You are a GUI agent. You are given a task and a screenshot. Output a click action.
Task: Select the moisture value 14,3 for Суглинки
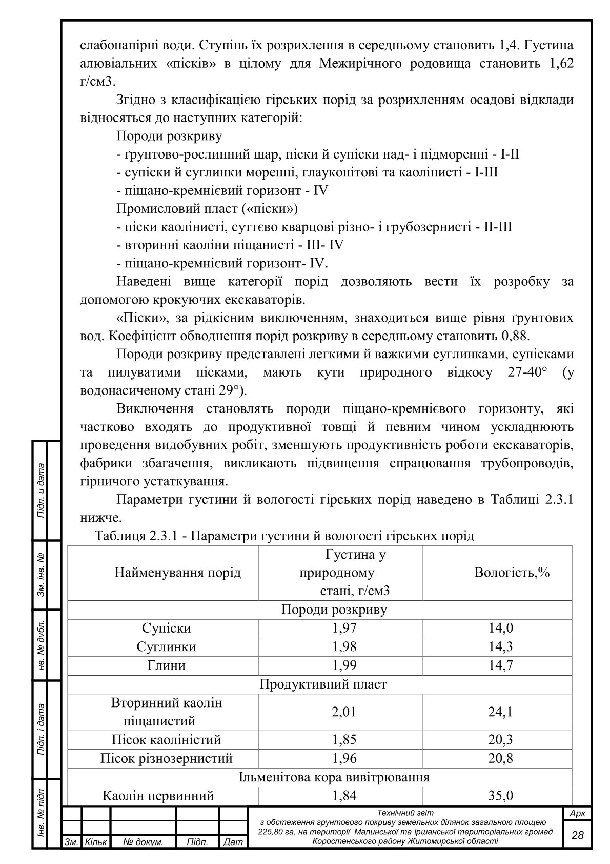(x=500, y=646)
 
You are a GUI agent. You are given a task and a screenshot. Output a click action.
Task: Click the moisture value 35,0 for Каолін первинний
(x=500, y=796)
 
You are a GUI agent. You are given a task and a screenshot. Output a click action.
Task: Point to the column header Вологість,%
(x=512, y=572)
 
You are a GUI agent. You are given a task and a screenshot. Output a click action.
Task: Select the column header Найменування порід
(x=177, y=572)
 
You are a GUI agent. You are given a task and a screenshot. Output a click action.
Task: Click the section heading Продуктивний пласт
(x=323, y=684)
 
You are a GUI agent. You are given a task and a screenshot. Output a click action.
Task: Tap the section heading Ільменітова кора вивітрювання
(x=334, y=777)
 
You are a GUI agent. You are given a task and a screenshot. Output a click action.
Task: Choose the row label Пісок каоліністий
(x=167, y=740)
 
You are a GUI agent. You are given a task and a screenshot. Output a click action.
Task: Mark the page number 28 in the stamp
(x=577, y=835)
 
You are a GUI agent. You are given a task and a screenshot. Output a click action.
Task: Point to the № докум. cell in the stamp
(x=143, y=842)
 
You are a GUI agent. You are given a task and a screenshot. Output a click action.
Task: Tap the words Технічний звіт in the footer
(x=405, y=813)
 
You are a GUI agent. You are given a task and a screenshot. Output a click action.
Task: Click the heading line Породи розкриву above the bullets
(x=169, y=136)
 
